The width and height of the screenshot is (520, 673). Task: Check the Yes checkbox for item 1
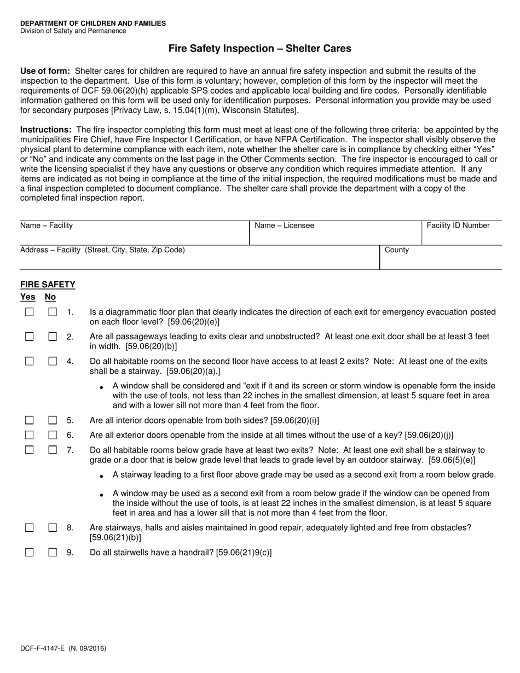coord(30,312)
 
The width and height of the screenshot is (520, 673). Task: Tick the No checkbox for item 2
coord(53,336)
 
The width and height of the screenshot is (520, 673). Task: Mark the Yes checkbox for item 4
coord(30,361)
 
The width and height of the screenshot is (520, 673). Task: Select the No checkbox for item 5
coord(53,420)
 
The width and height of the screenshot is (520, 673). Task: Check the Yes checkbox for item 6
coord(30,435)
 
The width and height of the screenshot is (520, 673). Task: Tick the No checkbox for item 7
coord(53,450)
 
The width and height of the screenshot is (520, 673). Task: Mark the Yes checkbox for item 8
coord(30,528)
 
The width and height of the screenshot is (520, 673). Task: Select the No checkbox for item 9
coord(53,553)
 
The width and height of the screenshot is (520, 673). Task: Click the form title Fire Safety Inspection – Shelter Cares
coord(259,49)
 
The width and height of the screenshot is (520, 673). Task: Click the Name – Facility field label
coord(47,225)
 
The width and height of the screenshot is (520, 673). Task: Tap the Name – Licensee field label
coord(285,225)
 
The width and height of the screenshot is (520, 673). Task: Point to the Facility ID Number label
coord(458,225)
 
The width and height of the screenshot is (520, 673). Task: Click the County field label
coord(397,250)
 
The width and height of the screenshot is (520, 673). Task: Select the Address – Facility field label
coord(102,250)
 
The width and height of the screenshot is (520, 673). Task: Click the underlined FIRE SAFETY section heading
coord(48,285)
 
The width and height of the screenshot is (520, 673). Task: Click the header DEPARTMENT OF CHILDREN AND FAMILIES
coord(93,24)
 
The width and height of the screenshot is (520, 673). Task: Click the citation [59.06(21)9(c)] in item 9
coord(244,553)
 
